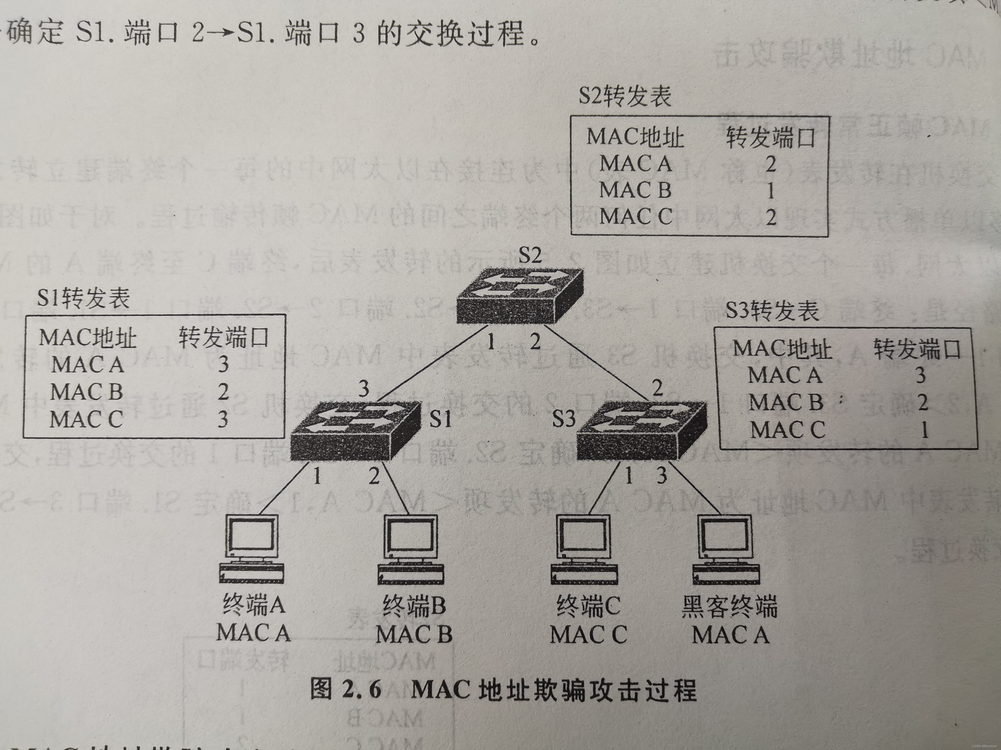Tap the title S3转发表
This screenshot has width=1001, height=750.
tap(772, 311)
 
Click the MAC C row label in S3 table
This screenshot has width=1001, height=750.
tap(787, 430)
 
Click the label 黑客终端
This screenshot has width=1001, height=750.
tap(730, 606)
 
